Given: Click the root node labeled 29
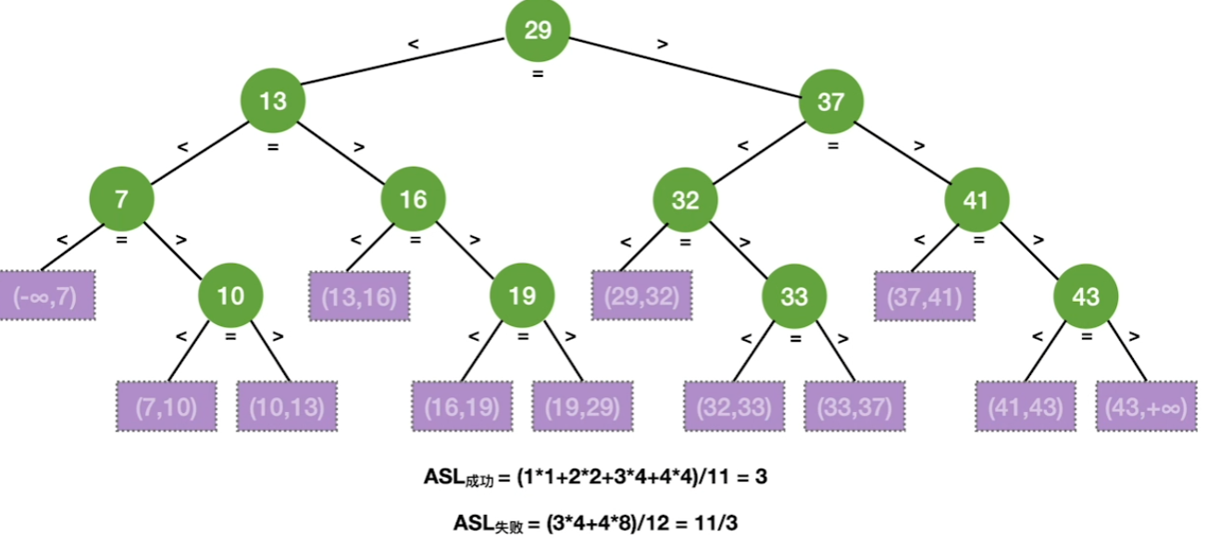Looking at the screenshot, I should pos(537,31).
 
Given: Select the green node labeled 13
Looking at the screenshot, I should pos(273,101).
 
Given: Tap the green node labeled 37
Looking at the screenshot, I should pos(831,101).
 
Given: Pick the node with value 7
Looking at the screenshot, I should pos(121,199).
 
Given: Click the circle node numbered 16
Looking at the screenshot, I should pos(414,199).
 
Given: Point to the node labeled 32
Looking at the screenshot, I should pos(686,199).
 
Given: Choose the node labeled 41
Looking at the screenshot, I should pos(976,199).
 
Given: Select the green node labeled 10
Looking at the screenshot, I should pos(230,296).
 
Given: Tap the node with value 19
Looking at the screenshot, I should pos(522,296).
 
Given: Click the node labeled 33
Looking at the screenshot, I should pos(794,296).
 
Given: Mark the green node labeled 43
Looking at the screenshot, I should pos(1085,296).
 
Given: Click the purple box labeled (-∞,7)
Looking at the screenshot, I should pos(46,296).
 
